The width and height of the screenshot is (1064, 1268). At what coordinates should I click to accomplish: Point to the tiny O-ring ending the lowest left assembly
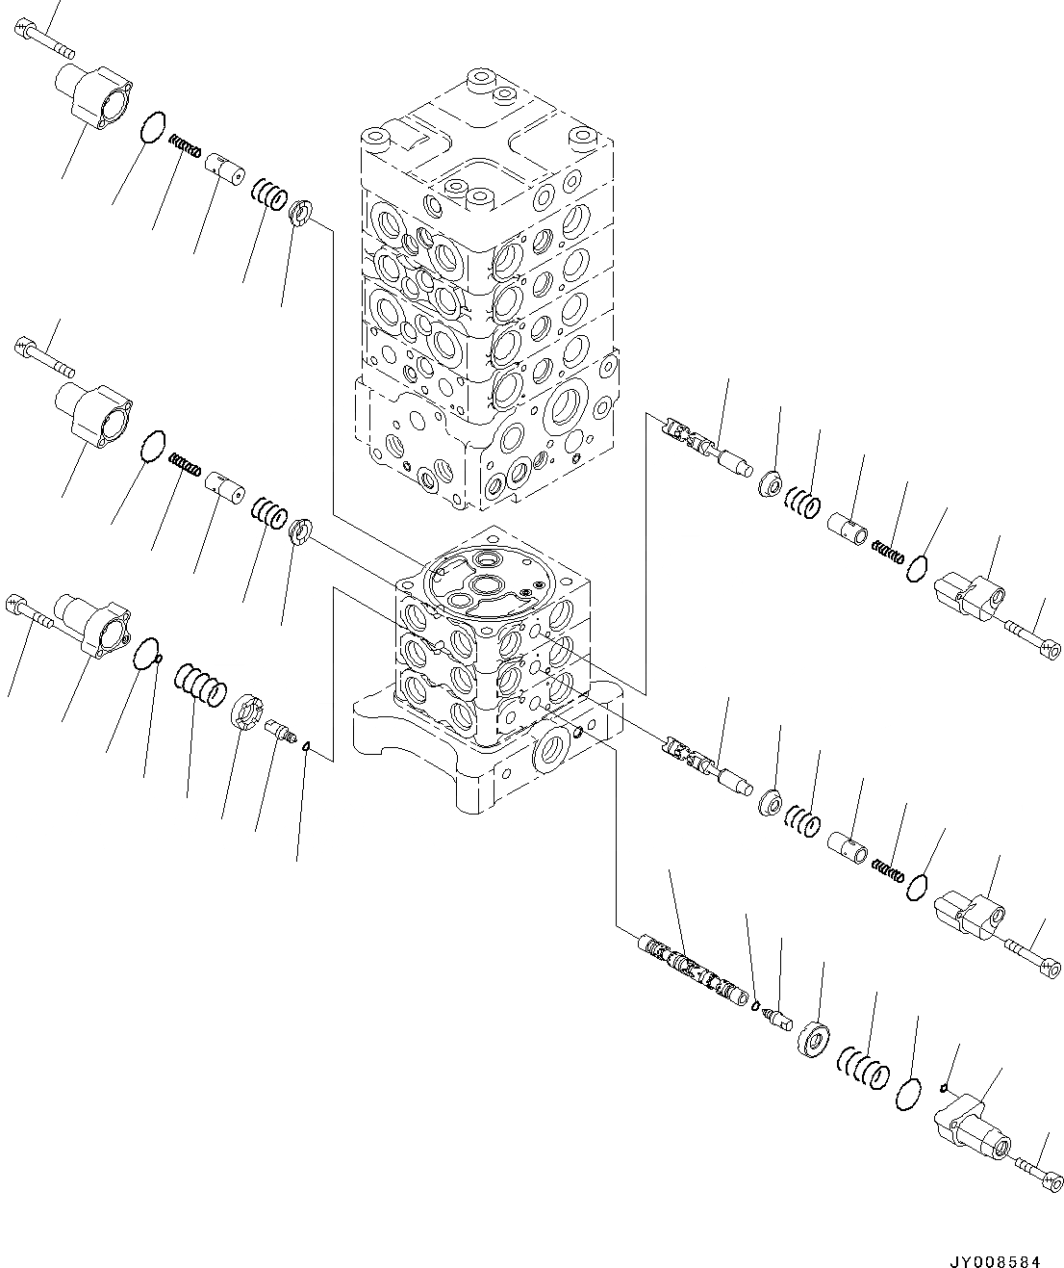(x=305, y=745)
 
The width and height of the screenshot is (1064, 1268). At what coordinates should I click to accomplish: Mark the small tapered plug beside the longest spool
(x=775, y=1017)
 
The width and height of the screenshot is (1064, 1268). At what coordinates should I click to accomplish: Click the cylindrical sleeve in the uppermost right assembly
(x=849, y=528)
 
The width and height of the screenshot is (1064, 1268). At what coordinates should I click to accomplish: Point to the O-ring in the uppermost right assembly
(x=917, y=569)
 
